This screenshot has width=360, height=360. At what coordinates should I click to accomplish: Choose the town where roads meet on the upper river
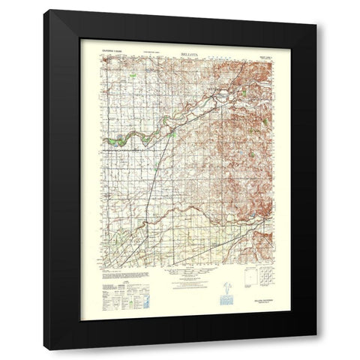(222, 96)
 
